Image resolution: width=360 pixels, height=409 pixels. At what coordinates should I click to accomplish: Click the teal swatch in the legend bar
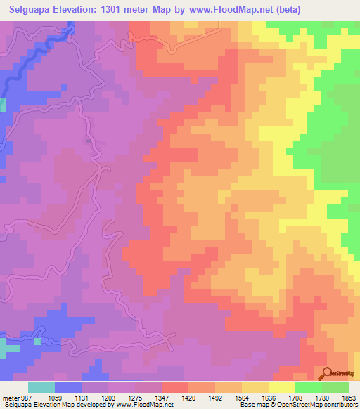pyautogui.click(x=41, y=387)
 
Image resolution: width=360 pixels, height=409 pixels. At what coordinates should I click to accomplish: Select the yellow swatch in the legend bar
pyautogui.click(x=282, y=387)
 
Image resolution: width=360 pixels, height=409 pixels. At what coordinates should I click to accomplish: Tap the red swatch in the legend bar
pyautogui.click(x=175, y=387)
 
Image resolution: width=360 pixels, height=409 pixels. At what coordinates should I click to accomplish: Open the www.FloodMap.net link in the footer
pyautogui.click(x=143, y=405)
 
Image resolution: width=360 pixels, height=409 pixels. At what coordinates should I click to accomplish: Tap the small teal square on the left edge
pyautogui.click(x=3, y=105)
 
